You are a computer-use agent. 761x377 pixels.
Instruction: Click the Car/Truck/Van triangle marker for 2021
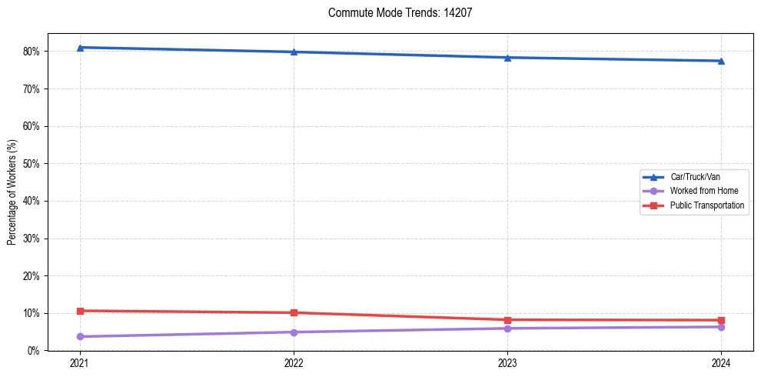click(80, 48)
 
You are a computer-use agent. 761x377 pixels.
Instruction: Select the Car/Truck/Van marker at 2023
click(507, 58)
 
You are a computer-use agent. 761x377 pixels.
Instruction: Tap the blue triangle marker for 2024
click(721, 61)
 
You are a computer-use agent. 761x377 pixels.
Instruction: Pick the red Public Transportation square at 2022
click(294, 312)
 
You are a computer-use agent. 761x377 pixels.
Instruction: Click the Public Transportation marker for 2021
click(80, 311)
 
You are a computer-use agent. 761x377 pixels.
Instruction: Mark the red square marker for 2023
click(507, 320)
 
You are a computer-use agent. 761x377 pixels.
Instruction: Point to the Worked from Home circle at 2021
click(80, 336)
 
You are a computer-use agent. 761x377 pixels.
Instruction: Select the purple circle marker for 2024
click(721, 327)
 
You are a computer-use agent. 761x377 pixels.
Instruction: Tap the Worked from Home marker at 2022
click(294, 332)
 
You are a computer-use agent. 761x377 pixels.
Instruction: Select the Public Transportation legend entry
click(706, 205)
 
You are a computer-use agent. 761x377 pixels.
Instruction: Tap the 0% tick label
click(33, 351)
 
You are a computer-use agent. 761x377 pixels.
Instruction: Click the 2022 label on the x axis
click(294, 363)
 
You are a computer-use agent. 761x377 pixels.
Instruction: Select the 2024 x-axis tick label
click(721, 363)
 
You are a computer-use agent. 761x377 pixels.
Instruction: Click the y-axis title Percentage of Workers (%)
click(12, 192)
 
